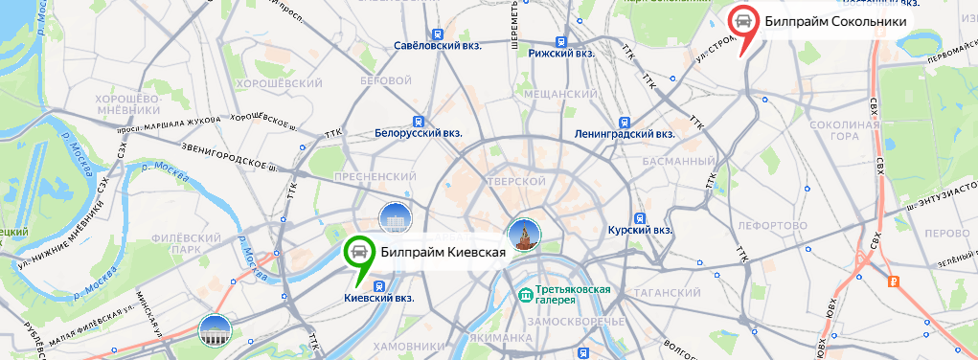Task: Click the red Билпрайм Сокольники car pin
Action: pos(742,21)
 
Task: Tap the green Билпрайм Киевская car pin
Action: pos(358,252)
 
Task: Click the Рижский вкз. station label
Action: pos(561,54)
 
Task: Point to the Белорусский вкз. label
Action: pos(419,134)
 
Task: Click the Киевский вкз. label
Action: pos(378,298)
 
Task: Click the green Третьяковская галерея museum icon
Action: pos(524,294)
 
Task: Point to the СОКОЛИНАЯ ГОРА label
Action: pos(843,131)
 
